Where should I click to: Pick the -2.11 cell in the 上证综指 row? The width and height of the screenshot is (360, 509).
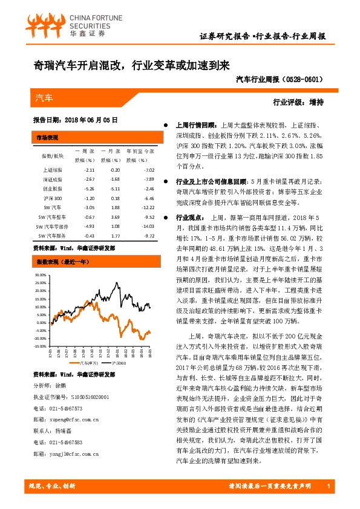89,170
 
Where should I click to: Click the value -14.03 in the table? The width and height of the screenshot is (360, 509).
148,226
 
